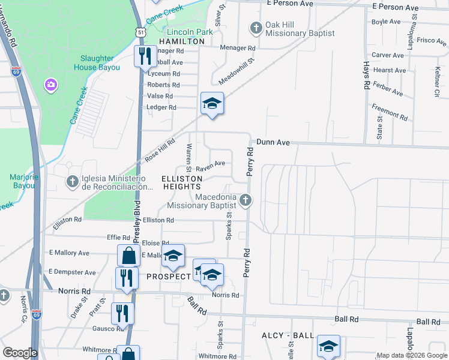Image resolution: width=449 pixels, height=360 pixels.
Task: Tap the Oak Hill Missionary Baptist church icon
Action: (x=256, y=27)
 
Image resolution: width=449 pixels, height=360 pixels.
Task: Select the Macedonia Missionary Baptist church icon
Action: (x=245, y=200)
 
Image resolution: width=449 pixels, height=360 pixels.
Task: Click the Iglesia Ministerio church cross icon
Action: (x=72, y=181)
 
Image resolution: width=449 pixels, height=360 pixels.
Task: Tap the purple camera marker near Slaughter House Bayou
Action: (x=50, y=85)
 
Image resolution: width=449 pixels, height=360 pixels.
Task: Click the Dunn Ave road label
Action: (x=273, y=142)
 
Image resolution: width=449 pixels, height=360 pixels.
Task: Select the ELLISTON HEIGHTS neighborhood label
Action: (x=180, y=182)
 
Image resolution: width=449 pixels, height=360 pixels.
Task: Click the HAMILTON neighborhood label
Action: (x=182, y=41)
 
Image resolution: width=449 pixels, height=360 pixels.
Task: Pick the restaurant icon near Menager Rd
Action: (x=144, y=57)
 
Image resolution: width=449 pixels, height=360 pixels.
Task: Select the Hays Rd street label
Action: (x=366, y=75)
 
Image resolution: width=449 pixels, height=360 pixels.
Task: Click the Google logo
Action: (x=20, y=353)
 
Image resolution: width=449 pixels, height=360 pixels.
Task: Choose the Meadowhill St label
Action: (x=237, y=70)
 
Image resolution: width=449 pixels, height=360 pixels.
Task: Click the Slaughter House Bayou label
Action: (x=100, y=62)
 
